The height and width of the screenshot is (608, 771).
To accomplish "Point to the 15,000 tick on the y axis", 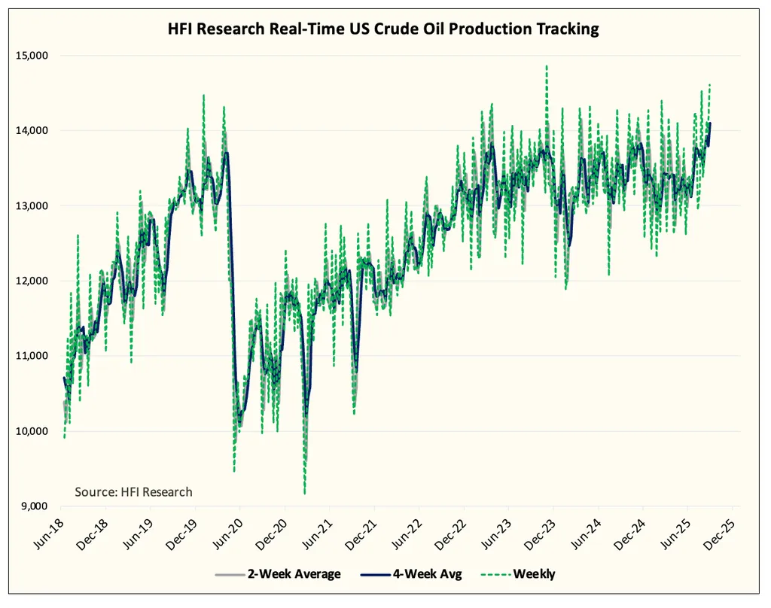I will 32,56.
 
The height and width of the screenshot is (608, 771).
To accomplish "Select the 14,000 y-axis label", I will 32,131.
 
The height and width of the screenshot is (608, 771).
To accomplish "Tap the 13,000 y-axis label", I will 32,206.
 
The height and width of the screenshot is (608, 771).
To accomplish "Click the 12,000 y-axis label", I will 32,281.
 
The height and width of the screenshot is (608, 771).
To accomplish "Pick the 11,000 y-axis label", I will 32,356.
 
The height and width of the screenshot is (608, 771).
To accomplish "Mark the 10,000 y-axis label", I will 32,431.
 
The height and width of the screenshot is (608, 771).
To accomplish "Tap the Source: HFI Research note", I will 133,492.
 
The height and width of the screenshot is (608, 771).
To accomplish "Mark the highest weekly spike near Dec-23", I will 547,66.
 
